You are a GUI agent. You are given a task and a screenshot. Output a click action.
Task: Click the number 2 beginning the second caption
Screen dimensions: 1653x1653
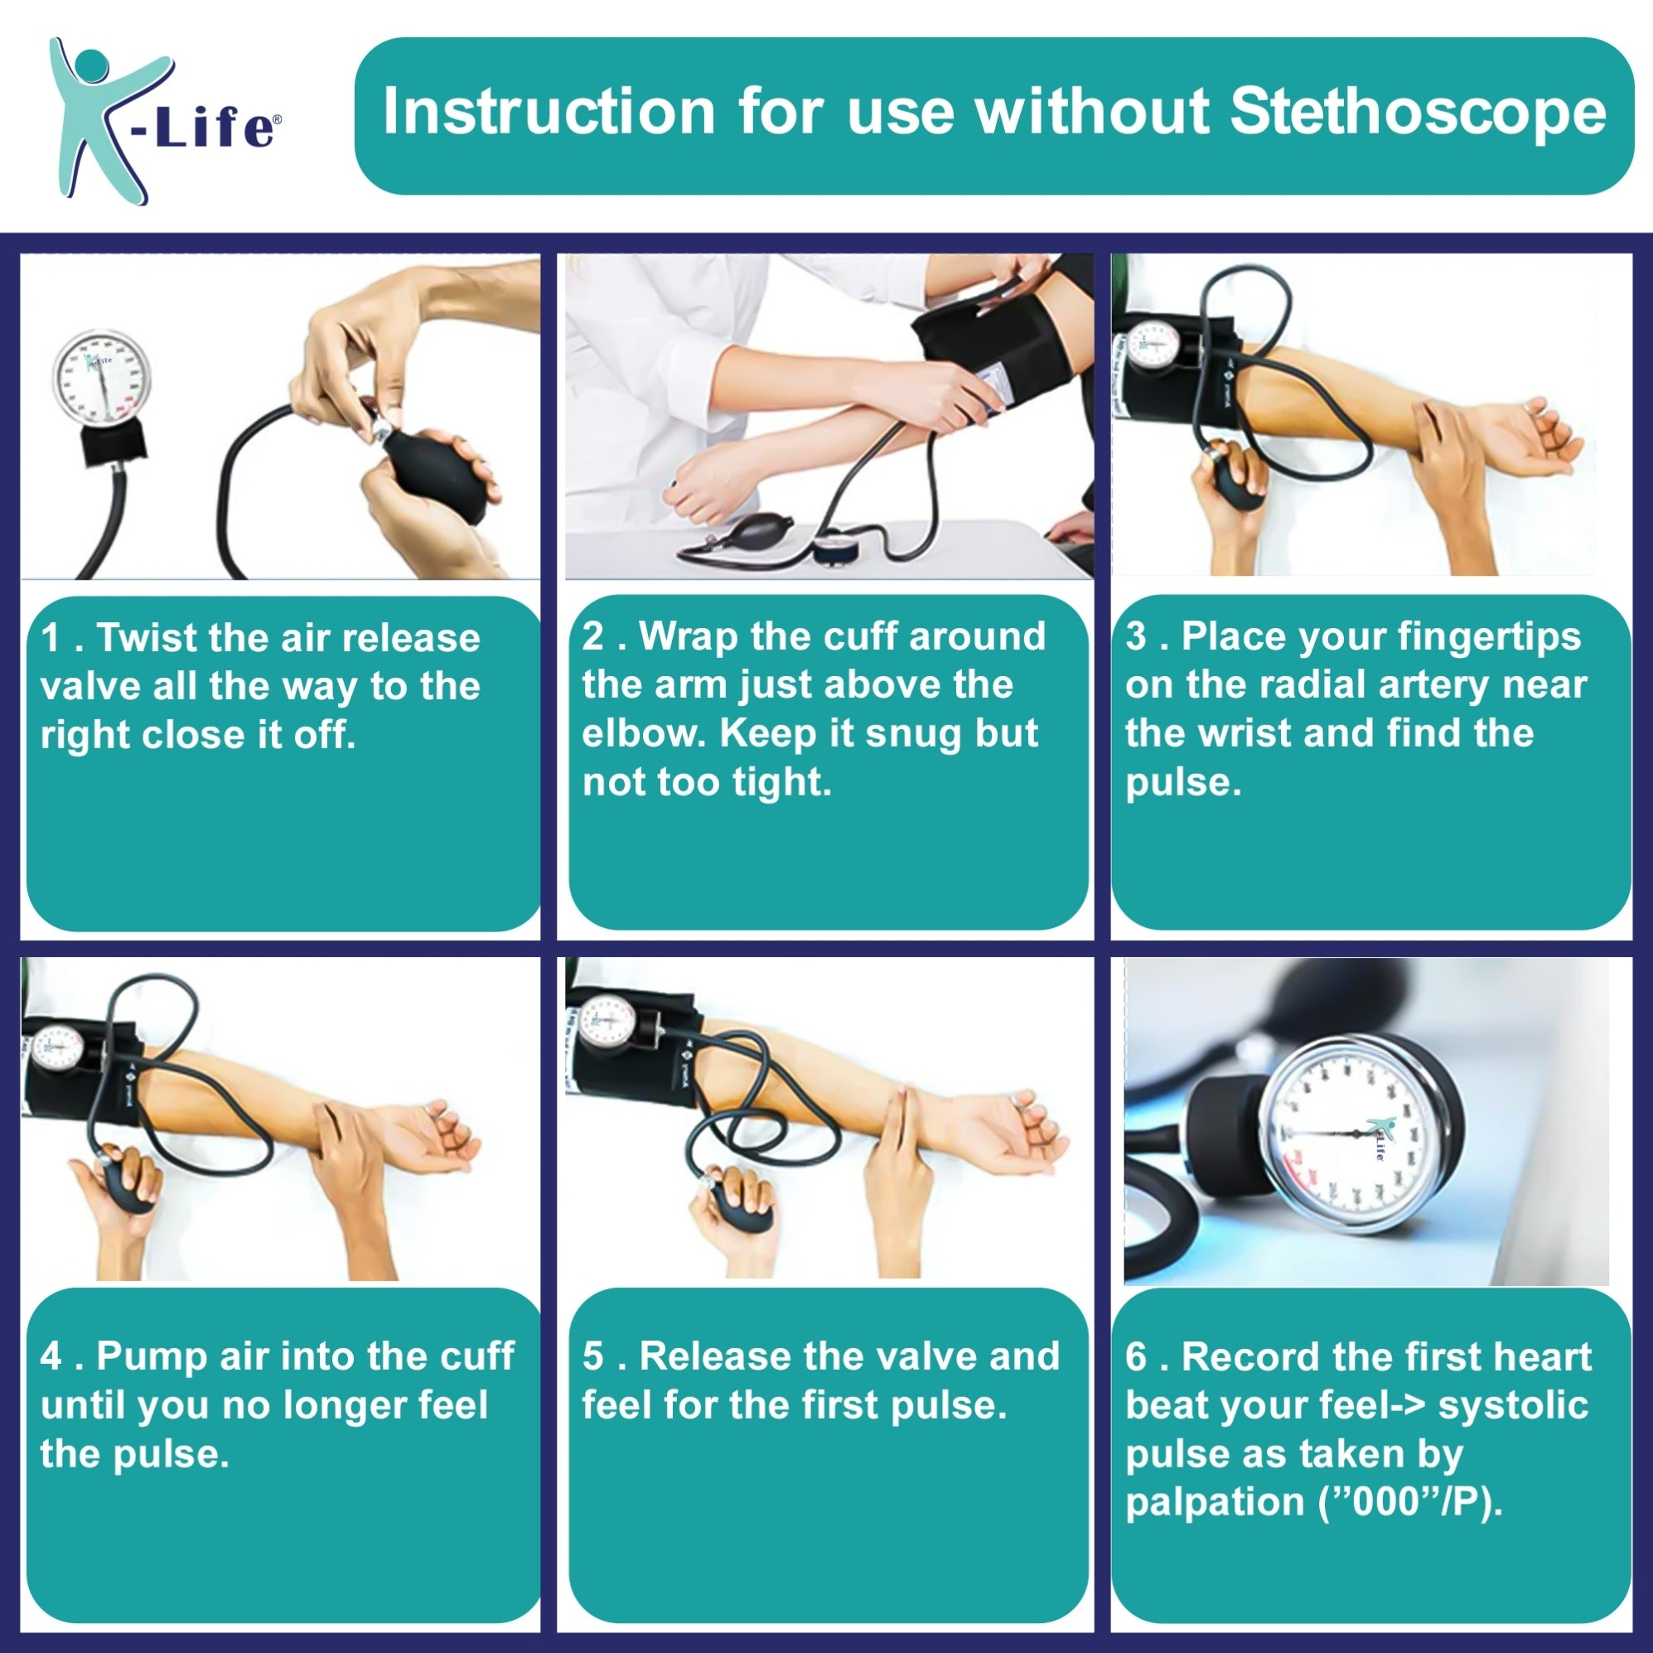click(x=593, y=636)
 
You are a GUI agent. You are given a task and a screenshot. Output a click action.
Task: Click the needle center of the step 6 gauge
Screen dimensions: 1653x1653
click(x=1357, y=1134)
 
